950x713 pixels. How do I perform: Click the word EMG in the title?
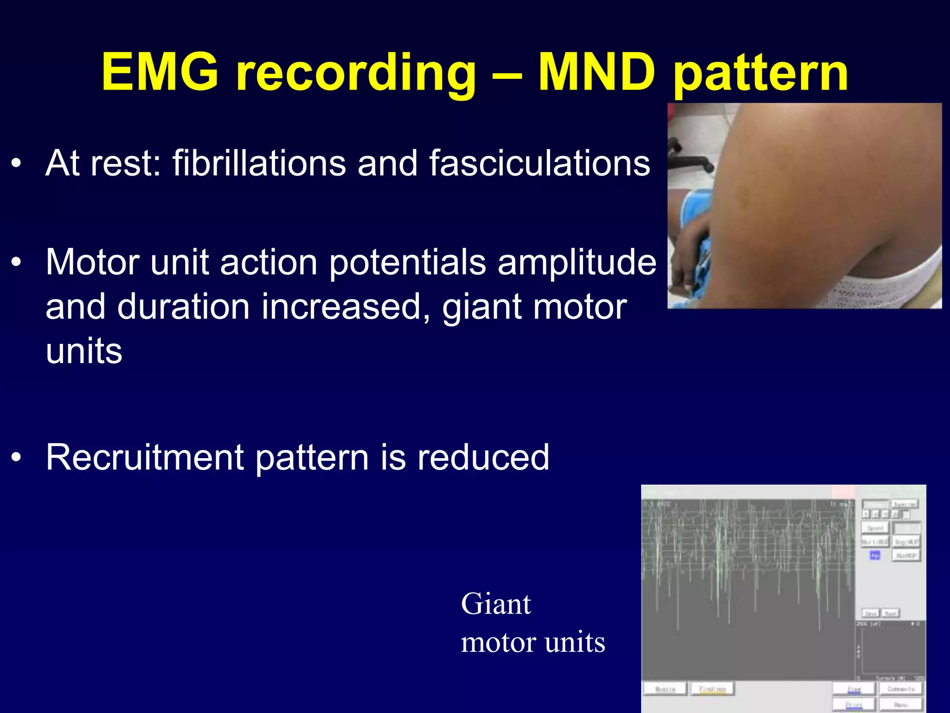pyautogui.click(x=160, y=72)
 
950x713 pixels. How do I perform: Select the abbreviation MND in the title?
pyautogui.click(x=596, y=72)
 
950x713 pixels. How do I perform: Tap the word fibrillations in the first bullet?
pyautogui.click(x=259, y=163)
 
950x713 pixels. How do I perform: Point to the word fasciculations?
pyautogui.click(x=539, y=163)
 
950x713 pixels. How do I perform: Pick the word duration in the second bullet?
pyautogui.click(x=183, y=307)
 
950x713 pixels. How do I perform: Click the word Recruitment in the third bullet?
pyautogui.click(x=145, y=457)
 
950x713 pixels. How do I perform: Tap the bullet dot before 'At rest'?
pyautogui.click(x=17, y=163)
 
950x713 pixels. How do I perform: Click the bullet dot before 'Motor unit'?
pyautogui.click(x=17, y=263)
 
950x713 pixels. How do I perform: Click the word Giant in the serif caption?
pyautogui.click(x=495, y=604)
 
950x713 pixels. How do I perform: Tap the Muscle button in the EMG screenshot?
pyautogui.click(x=665, y=689)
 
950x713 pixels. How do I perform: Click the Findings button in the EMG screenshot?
pyautogui.click(x=712, y=689)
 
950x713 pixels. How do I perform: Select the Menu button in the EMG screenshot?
pyautogui.click(x=900, y=705)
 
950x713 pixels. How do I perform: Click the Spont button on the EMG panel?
pyautogui.click(x=875, y=528)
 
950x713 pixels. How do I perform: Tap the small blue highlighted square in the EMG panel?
pyautogui.click(x=874, y=555)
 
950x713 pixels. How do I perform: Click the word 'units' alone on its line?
pyautogui.click(x=84, y=351)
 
